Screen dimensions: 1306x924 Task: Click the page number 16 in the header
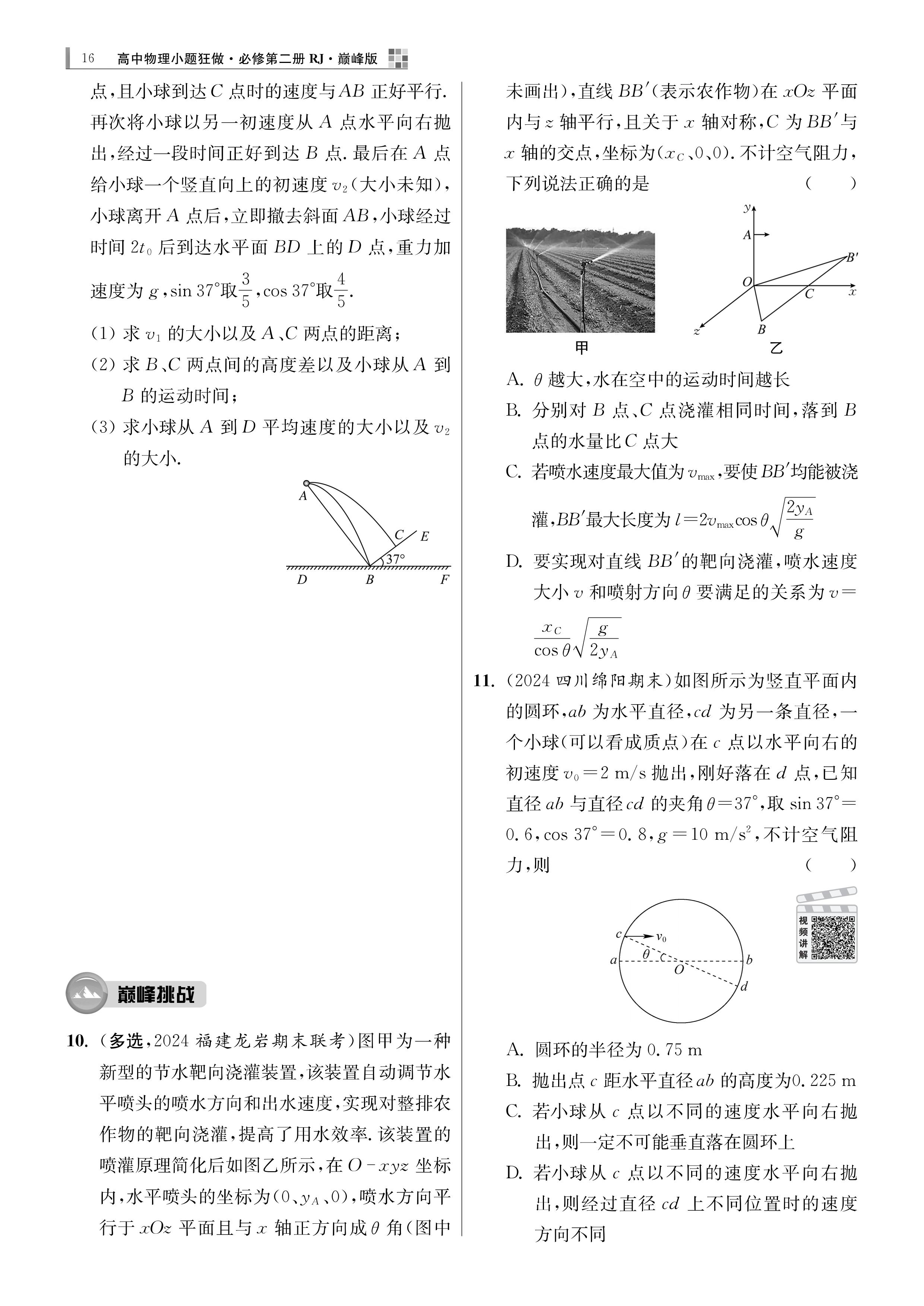click(x=88, y=58)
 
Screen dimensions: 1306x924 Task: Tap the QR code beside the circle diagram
click(x=832, y=938)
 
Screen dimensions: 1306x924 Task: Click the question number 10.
click(x=78, y=1041)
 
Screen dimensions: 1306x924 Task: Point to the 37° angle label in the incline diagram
click(x=395, y=559)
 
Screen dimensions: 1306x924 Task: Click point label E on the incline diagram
click(x=424, y=536)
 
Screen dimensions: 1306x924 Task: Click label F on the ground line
click(x=444, y=579)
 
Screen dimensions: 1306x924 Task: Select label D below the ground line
click(x=301, y=579)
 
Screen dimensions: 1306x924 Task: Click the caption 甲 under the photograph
click(x=582, y=347)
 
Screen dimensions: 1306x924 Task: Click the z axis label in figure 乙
click(x=696, y=331)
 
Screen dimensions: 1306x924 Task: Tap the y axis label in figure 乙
click(x=747, y=208)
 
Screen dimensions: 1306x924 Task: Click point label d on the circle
click(x=744, y=987)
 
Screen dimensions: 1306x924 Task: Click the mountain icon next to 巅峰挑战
click(x=87, y=994)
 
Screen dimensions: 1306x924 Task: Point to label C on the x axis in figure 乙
click(x=809, y=294)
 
